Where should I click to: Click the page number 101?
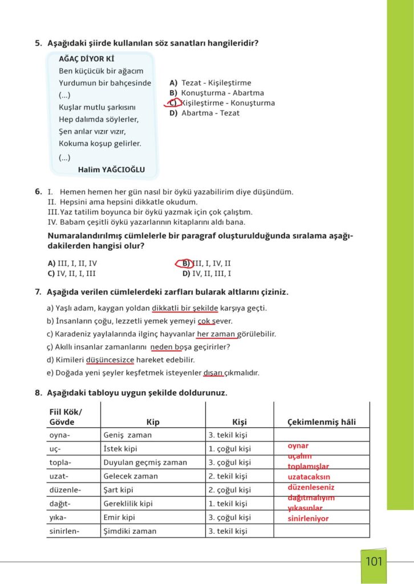coord(374,561)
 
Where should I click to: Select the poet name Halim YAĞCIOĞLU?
coord(111,169)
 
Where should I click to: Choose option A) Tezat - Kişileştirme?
coord(210,83)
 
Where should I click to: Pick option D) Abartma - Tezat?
coord(204,113)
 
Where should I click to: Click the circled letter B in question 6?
coord(185,263)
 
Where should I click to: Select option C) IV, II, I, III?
coord(72,273)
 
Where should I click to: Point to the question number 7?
coord(38,292)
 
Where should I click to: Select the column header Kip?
coord(153,422)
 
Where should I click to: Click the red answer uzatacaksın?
coord(309,477)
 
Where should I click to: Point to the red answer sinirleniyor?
coord(309,518)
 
